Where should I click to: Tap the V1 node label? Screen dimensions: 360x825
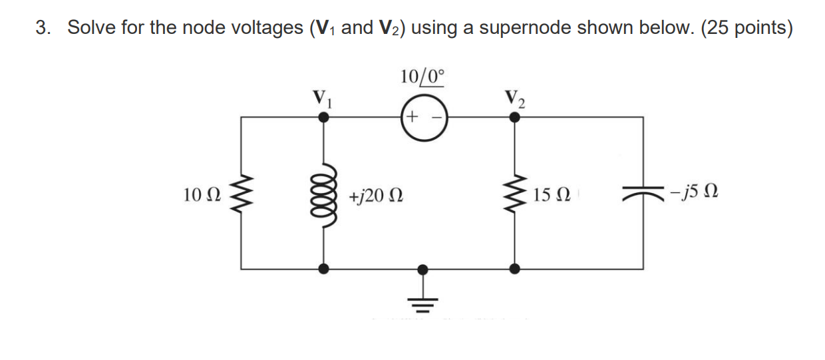321,99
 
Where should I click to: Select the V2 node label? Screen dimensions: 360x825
514,99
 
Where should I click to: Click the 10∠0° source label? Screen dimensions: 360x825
422,77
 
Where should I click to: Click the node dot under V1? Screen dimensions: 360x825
324,117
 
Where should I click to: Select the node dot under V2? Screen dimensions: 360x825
514,117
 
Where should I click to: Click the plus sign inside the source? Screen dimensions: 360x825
412,118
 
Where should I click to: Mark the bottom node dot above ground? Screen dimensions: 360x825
422,269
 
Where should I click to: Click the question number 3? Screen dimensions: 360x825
42,29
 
